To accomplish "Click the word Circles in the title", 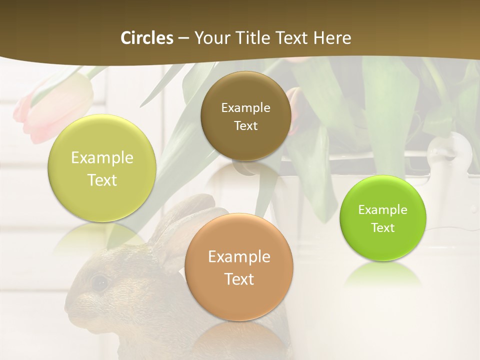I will coord(146,38).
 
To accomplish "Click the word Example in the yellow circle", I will coord(102,158).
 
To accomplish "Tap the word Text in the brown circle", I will coord(245,125).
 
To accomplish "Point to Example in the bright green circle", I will coord(382,210).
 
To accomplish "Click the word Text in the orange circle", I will coord(239,279).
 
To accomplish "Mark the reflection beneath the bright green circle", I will coord(382,275).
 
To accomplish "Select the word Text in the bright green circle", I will coord(382,228).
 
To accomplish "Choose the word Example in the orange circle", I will coord(239,257).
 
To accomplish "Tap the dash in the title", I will coord(183,38).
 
